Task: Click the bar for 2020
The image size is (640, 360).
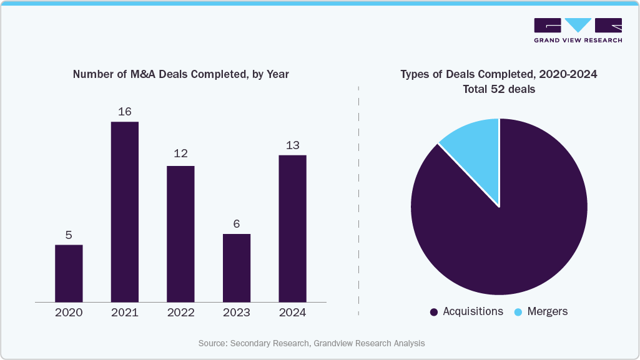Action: (69, 273)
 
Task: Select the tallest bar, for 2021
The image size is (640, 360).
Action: (125, 212)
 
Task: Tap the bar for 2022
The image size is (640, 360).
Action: (180, 234)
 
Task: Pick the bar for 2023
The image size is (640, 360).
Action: (237, 268)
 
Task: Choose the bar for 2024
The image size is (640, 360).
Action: (292, 228)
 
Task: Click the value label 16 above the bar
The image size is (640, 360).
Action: (125, 112)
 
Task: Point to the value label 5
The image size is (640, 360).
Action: (69, 235)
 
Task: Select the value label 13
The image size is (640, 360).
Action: (292, 145)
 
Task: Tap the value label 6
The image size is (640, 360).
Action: (237, 224)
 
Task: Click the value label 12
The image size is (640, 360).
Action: (180, 153)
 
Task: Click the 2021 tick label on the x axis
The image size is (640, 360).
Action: (125, 313)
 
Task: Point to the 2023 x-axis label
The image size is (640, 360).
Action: (237, 313)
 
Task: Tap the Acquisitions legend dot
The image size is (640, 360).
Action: (434, 312)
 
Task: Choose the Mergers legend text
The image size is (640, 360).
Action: (547, 311)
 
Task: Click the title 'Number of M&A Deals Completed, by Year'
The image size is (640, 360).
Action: (180, 74)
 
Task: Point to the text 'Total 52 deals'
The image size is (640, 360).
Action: (499, 89)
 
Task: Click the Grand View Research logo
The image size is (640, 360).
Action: (578, 30)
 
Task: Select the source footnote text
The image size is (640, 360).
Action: (312, 343)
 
